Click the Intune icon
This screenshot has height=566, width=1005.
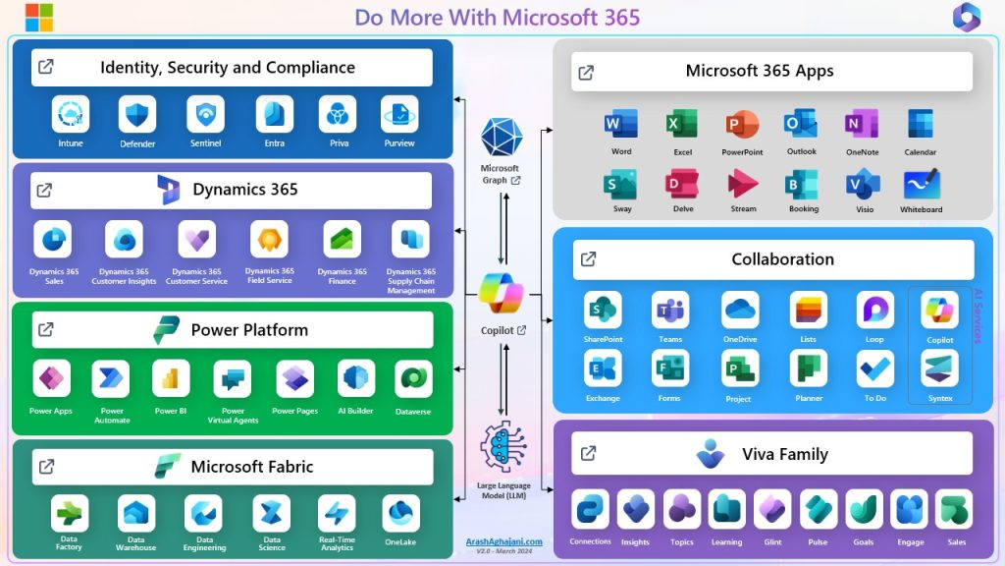(x=71, y=114)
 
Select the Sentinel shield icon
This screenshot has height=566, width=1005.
(x=206, y=114)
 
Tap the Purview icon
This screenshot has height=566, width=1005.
(x=399, y=114)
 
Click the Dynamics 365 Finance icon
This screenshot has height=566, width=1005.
(x=343, y=240)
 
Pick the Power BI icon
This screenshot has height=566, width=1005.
(x=171, y=378)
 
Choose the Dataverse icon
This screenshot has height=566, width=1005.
(x=414, y=378)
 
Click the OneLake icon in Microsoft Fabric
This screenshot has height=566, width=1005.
(x=401, y=513)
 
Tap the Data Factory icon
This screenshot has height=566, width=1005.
(x=70, y=513)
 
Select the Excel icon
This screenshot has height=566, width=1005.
(x=681, y=125)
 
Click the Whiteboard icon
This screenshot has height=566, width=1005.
(x=921, y=184)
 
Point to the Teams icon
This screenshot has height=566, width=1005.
(x=670, y=310)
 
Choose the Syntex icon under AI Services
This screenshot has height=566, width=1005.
(x=939, y=368)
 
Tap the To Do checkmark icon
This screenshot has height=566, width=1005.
(x=874, y=368)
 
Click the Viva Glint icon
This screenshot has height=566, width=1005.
(x=772, y=509)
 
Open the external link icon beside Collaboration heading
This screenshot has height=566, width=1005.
(x=588, y=259)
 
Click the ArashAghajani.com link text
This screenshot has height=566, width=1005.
(x=503, y=541)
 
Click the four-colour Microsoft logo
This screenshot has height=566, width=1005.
(x=39, y=17)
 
